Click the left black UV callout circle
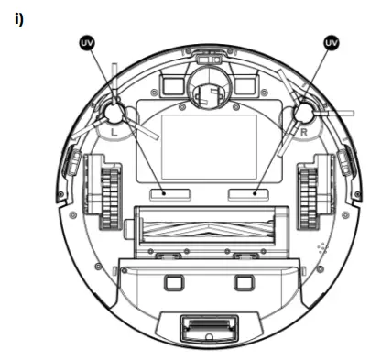click(88, 42)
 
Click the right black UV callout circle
click(331, 42)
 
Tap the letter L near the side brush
click(114, 131)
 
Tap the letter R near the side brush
click(303, 131)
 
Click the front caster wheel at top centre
click(209, 91)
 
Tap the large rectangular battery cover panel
click(208, 147)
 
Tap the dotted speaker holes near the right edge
click(321, 248)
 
